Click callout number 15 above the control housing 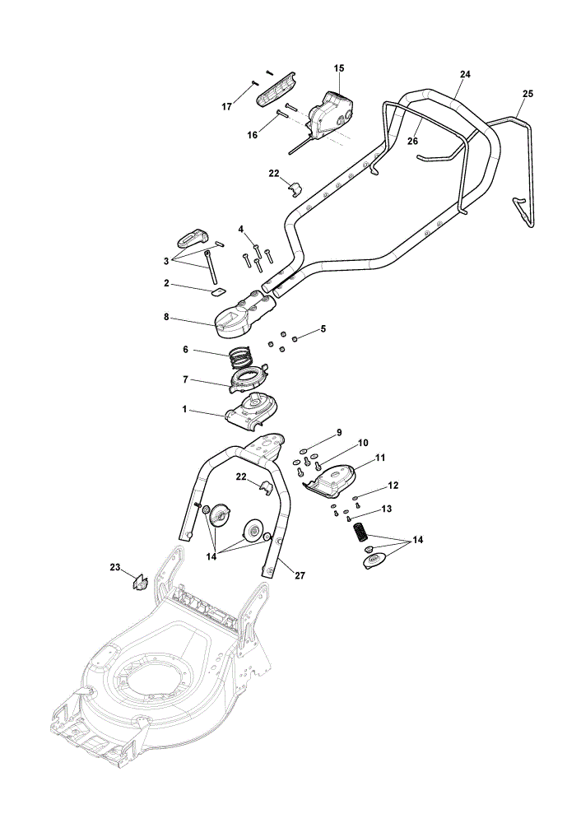338,68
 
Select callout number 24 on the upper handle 465,75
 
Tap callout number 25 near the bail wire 528,94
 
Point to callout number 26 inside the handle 412,142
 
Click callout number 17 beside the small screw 227,107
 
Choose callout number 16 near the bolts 253,136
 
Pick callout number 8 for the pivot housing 166,317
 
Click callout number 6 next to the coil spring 185,350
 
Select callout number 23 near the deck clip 115,567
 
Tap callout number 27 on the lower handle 300,576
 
